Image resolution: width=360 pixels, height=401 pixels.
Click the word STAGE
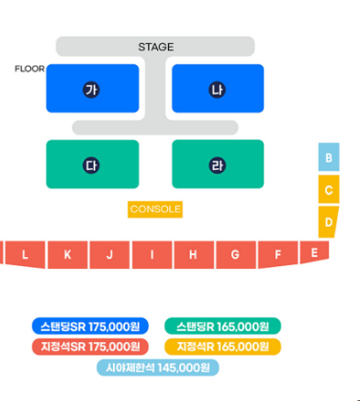(x=156, y=47)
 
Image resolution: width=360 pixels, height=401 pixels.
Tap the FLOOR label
(x=29, y=69)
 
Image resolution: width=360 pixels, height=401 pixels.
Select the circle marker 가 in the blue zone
(x=91, y=90)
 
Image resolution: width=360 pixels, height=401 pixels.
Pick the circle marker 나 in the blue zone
(x=218, y=90)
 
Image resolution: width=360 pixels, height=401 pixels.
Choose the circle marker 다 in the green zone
(x=91, y=165)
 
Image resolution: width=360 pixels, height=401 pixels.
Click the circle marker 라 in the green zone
(x=218, y=165)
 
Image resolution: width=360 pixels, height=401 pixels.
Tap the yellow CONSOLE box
(x=155, y=209)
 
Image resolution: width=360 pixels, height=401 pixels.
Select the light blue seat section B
(x=329, y=157)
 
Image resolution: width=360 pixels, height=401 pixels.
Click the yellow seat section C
(x=329, y=189)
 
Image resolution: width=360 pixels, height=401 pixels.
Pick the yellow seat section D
(x=328, y=222)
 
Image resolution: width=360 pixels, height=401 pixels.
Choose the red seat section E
(x=314, y=251)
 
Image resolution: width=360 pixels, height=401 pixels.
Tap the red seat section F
(x=277, y=254)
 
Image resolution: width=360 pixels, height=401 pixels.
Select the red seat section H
(x=194, y=255)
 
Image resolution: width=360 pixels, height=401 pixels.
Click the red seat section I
(x=152, y=255)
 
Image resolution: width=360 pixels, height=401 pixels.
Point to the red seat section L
(x=25, y=254)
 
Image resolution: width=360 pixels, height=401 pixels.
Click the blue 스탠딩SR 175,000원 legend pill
(x=90, y=327)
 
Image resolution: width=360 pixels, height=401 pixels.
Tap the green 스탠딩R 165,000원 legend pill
(x=222, y=327)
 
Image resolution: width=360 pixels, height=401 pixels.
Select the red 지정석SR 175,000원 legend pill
(x=90, y=347)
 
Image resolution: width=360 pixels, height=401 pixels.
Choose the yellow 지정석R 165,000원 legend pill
(x=222, y=347)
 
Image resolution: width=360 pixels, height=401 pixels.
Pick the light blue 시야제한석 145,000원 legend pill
(x=158, y=367)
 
